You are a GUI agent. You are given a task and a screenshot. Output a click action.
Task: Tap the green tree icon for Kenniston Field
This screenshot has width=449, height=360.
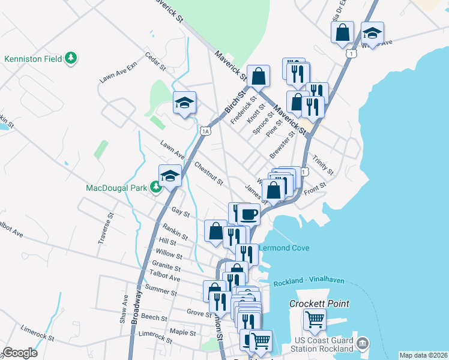[x=72, y=58]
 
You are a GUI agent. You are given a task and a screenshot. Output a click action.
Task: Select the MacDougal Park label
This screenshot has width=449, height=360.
[x=116, y=188]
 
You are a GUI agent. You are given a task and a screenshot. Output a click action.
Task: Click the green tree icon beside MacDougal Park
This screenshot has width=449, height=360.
[x=156, y=188]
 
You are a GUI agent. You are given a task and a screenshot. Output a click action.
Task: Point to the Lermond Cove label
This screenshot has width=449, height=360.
[x=284, y=248]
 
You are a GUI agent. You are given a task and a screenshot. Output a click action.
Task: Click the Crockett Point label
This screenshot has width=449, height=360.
[x=319, y=304]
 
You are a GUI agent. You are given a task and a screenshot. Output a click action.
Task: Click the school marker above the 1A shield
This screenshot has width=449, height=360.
[x=185, y=103]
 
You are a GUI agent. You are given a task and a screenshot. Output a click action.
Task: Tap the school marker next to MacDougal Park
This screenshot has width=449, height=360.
[x=170, y=176]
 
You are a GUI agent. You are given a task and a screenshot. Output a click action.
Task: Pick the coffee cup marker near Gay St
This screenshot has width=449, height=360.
[x=249, y=213]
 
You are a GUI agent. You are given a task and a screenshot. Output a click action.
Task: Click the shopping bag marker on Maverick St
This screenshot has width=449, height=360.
[x=259, y=76]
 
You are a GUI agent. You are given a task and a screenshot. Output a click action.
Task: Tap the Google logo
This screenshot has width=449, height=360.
[x=20, y=353]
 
